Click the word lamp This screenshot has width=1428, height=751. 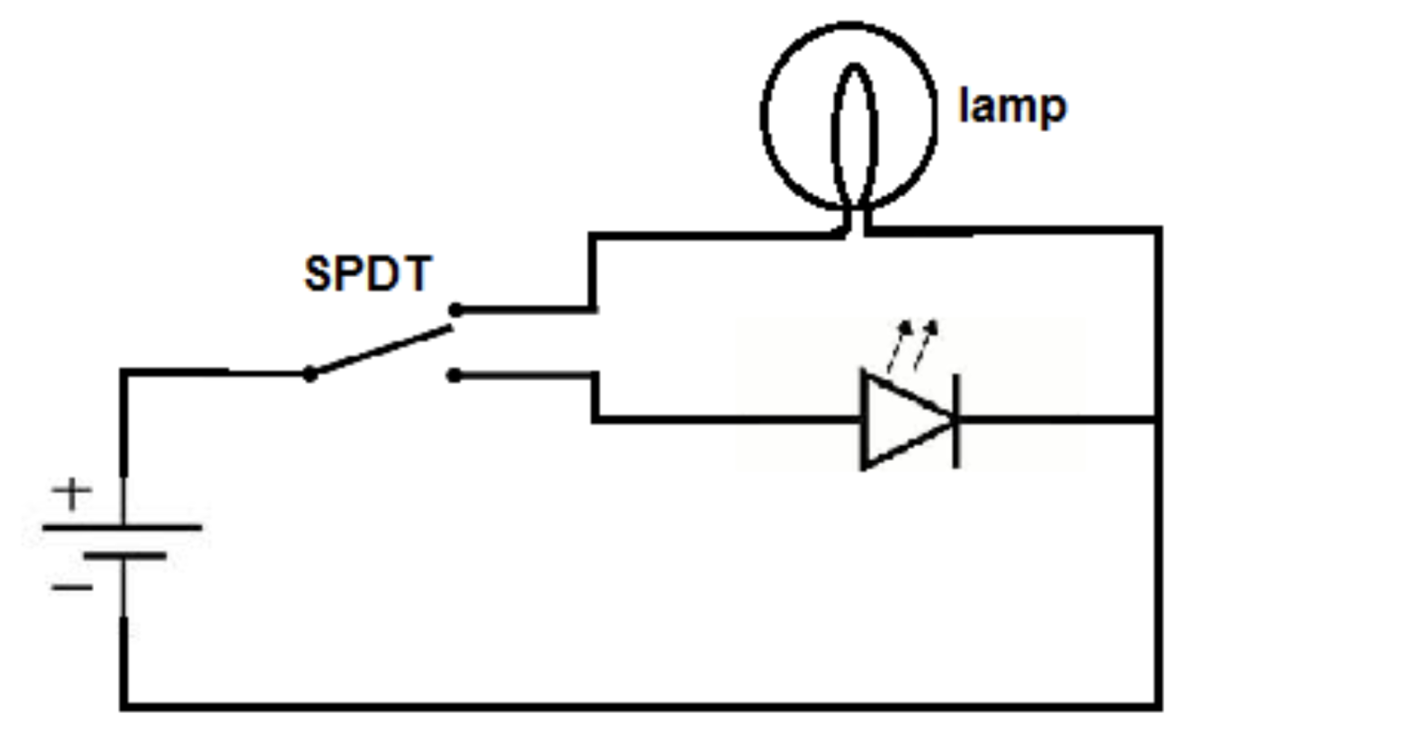[x=1011, y=107]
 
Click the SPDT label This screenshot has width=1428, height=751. [x=368, y=274]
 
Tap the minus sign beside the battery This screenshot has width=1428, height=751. [x=72, y=587]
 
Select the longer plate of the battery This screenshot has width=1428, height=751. [x=122, y=527]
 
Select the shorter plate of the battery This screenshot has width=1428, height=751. [x=125, y=556]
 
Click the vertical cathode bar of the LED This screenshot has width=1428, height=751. [x=957, y=420]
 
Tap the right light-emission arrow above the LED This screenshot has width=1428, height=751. [x=925, y=346]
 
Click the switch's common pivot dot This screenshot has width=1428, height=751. [x=310, y=375]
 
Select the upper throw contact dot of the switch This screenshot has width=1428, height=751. [x=455, y=310]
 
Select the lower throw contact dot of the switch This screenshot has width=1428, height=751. [x=454, y=375]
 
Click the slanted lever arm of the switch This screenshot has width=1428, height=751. [x=381, y=350]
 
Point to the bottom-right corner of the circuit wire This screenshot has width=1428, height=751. [x=1157, y=705]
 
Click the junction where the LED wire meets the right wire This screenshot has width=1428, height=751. [x=1157, y=420]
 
